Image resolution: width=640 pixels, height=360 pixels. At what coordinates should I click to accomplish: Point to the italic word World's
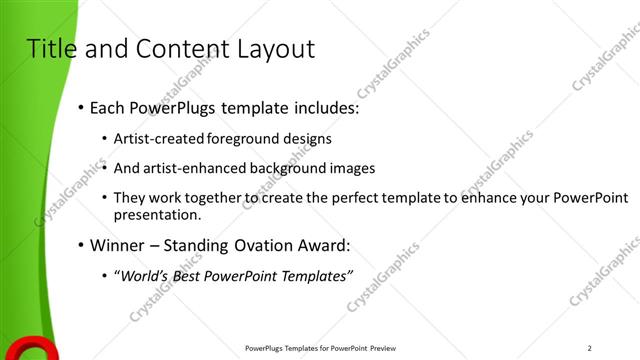click(x=148, y=275)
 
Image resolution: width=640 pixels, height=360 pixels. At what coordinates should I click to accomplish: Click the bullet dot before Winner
click(x=80, y=245)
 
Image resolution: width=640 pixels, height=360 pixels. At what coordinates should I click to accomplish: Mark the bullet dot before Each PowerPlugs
click(x=80, y=107)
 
